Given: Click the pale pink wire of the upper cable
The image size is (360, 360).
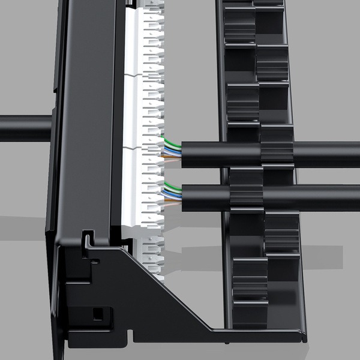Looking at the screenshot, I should coord(174,161).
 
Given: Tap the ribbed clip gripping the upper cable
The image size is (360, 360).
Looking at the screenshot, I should coord(276,153).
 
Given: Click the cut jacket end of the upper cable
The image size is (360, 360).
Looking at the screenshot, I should coord(183,154).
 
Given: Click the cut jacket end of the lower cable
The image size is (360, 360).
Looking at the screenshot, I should coord(183,196).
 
